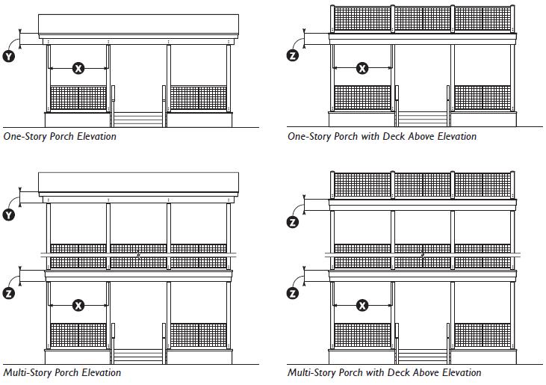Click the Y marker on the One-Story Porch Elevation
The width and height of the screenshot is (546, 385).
tap(10, 55)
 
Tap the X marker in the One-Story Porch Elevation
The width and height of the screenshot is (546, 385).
tap(78, 68)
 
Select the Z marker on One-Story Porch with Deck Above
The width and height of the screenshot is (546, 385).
tap(294, 55)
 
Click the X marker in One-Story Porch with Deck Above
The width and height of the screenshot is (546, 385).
tap(362, 68)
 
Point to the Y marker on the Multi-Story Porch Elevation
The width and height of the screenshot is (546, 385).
tap(10, 215)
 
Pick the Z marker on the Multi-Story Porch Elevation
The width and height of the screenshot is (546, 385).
tap(10, 293)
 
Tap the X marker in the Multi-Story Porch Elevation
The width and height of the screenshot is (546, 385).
tap(78, 305)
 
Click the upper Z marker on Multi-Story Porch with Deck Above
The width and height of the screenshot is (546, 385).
tap(294, 221)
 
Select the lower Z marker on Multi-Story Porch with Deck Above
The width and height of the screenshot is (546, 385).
tap(294, 293)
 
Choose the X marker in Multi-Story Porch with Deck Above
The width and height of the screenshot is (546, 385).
tap(362, 305)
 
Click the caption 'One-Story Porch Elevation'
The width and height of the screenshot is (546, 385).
tap(60, 137)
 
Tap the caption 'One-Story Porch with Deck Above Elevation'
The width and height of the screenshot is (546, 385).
tap(382, 137)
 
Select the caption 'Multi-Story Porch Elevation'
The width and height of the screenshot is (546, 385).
tap(62, 372)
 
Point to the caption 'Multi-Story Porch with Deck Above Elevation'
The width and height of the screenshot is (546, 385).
tap(384, 372)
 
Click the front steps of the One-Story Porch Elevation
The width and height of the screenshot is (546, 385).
tap(137, 120)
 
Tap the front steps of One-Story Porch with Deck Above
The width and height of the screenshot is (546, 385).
tap(422, 120)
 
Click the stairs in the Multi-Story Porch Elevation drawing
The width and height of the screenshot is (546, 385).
tap(137, 356)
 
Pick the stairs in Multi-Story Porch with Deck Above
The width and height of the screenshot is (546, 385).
tap(422, 356)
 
